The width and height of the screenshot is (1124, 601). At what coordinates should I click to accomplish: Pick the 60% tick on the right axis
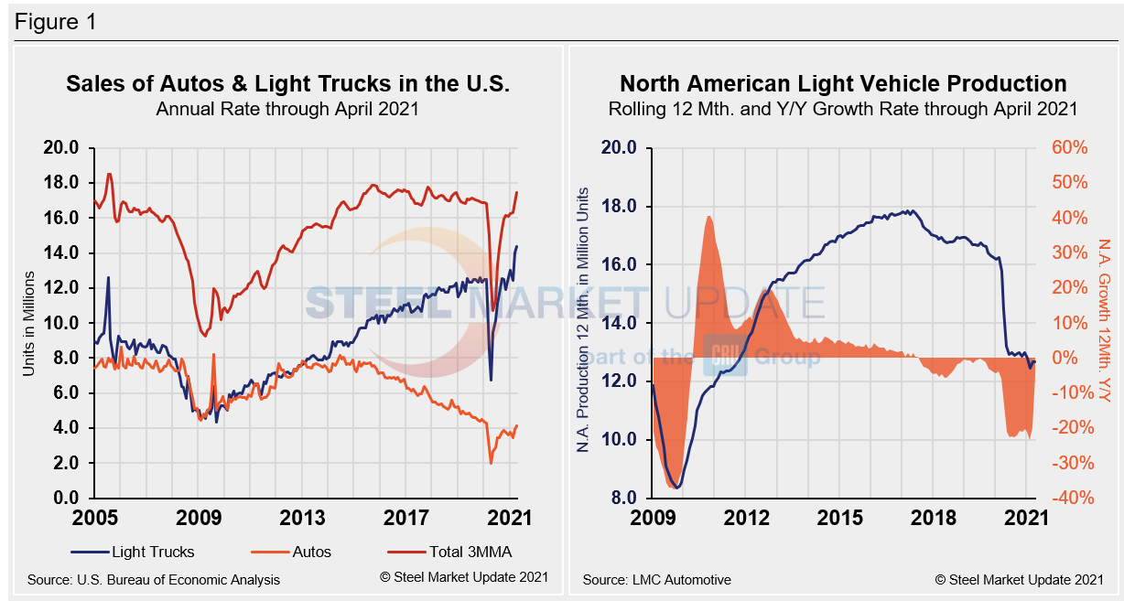click(1069, 148)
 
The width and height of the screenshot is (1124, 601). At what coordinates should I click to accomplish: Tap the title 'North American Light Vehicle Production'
click(843, 84)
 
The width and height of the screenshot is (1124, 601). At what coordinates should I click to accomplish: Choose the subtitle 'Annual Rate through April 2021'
click(287, 109)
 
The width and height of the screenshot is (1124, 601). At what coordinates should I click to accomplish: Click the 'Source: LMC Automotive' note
click(656, 579)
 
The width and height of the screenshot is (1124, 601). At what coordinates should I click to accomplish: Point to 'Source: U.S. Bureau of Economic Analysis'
click(154, 579)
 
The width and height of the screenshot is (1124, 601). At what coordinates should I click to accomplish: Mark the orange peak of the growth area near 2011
click(709, 217)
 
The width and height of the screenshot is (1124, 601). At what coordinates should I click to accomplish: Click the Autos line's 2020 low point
click(491, 463)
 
